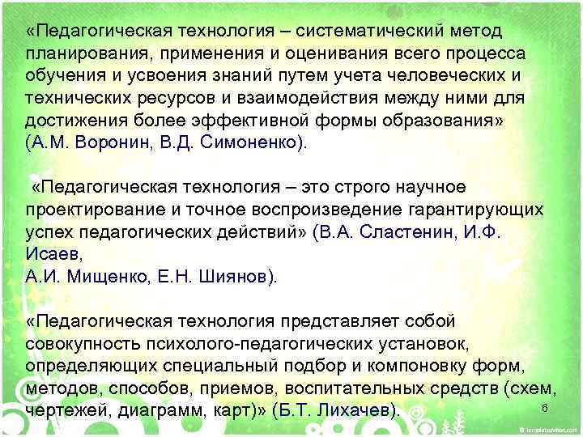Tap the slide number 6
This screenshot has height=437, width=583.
coord(545,407)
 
